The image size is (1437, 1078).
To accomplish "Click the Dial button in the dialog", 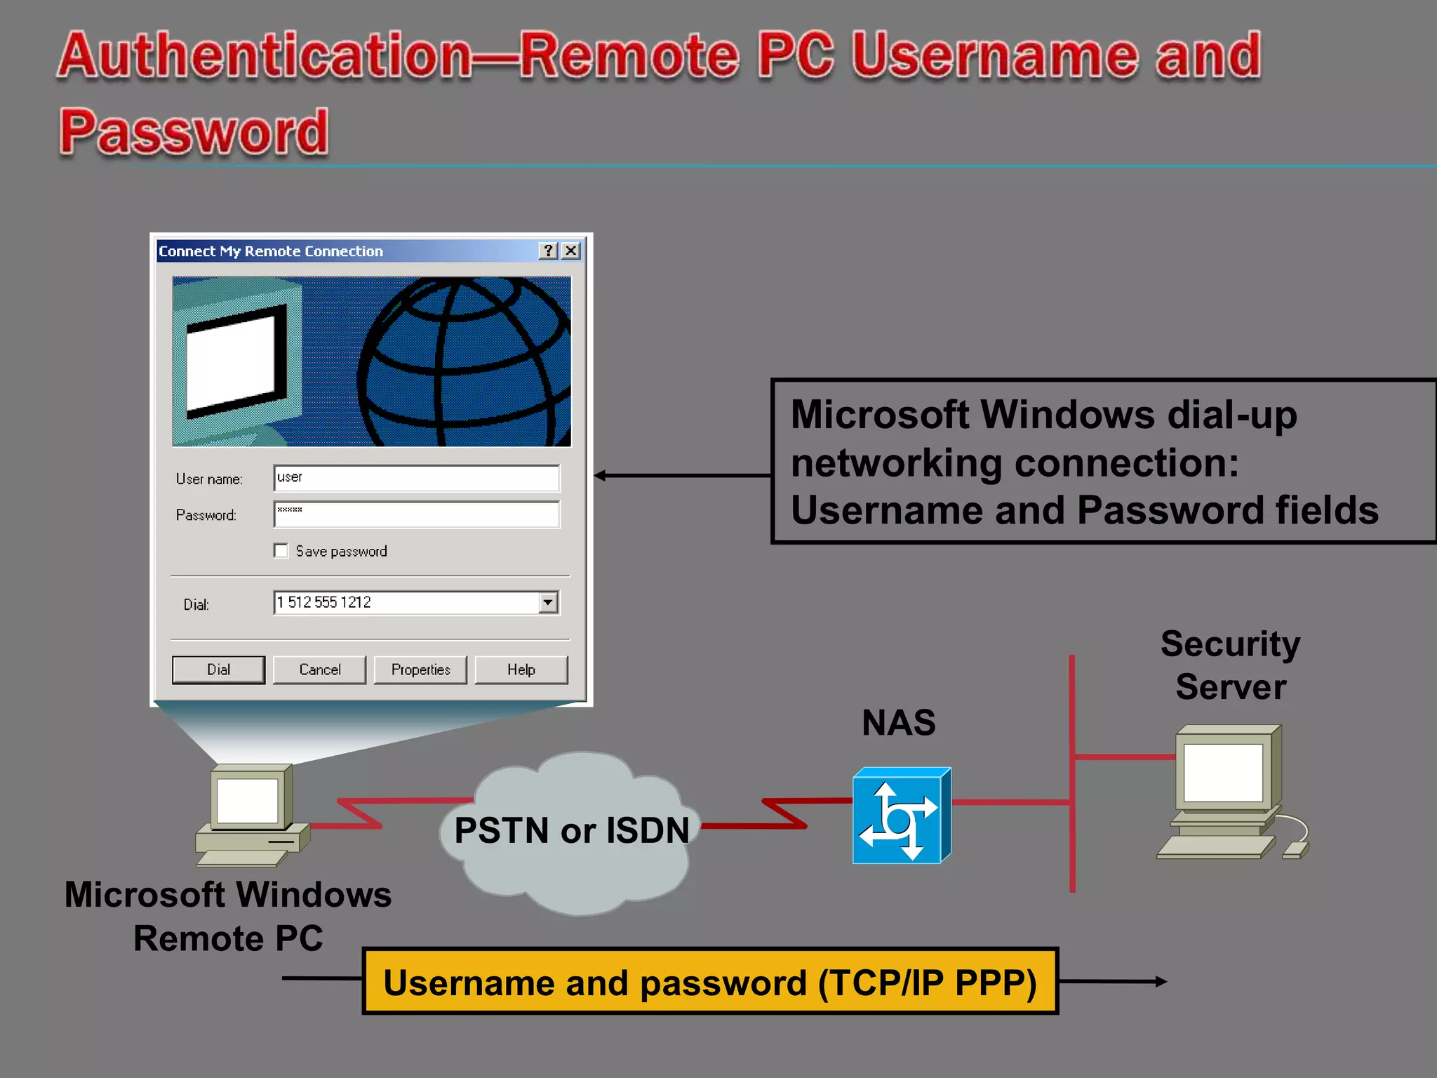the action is click(x=218, y=670).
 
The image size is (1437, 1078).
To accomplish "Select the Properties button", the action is click(x=420, y=670).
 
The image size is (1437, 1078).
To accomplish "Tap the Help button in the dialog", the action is click(x=521, y=670).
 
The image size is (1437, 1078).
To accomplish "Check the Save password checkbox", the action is click(x=281, y=551).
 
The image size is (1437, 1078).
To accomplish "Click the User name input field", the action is click(x=416, y=478).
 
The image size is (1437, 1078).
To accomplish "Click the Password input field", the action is click(x=416, y=514).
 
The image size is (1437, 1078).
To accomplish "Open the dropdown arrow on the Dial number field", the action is click(x=548, y=602).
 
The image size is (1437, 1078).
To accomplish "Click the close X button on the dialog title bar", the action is click(x=572, y=251).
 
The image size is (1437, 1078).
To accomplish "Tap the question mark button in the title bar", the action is click(x=549, y=251).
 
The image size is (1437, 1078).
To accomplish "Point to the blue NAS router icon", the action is click(x=901, y=816).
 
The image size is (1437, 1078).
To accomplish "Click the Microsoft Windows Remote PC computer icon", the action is click(x=250, y=814).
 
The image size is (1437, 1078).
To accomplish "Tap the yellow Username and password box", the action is click(x=709, y=981).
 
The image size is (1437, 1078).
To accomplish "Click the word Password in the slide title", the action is click(x=194, y=131).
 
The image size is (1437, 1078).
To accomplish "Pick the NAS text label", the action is click(x=898, y=722).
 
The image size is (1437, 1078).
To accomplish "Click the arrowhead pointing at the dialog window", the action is click(x=600, y=476).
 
